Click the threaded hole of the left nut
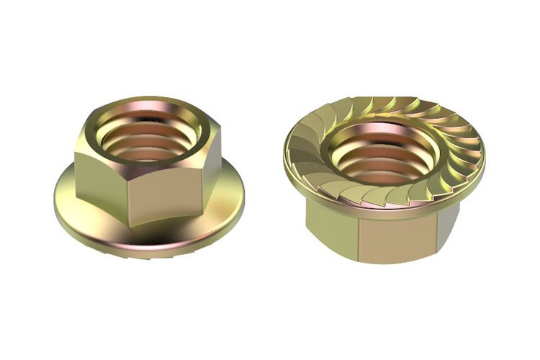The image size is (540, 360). [148, 136]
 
